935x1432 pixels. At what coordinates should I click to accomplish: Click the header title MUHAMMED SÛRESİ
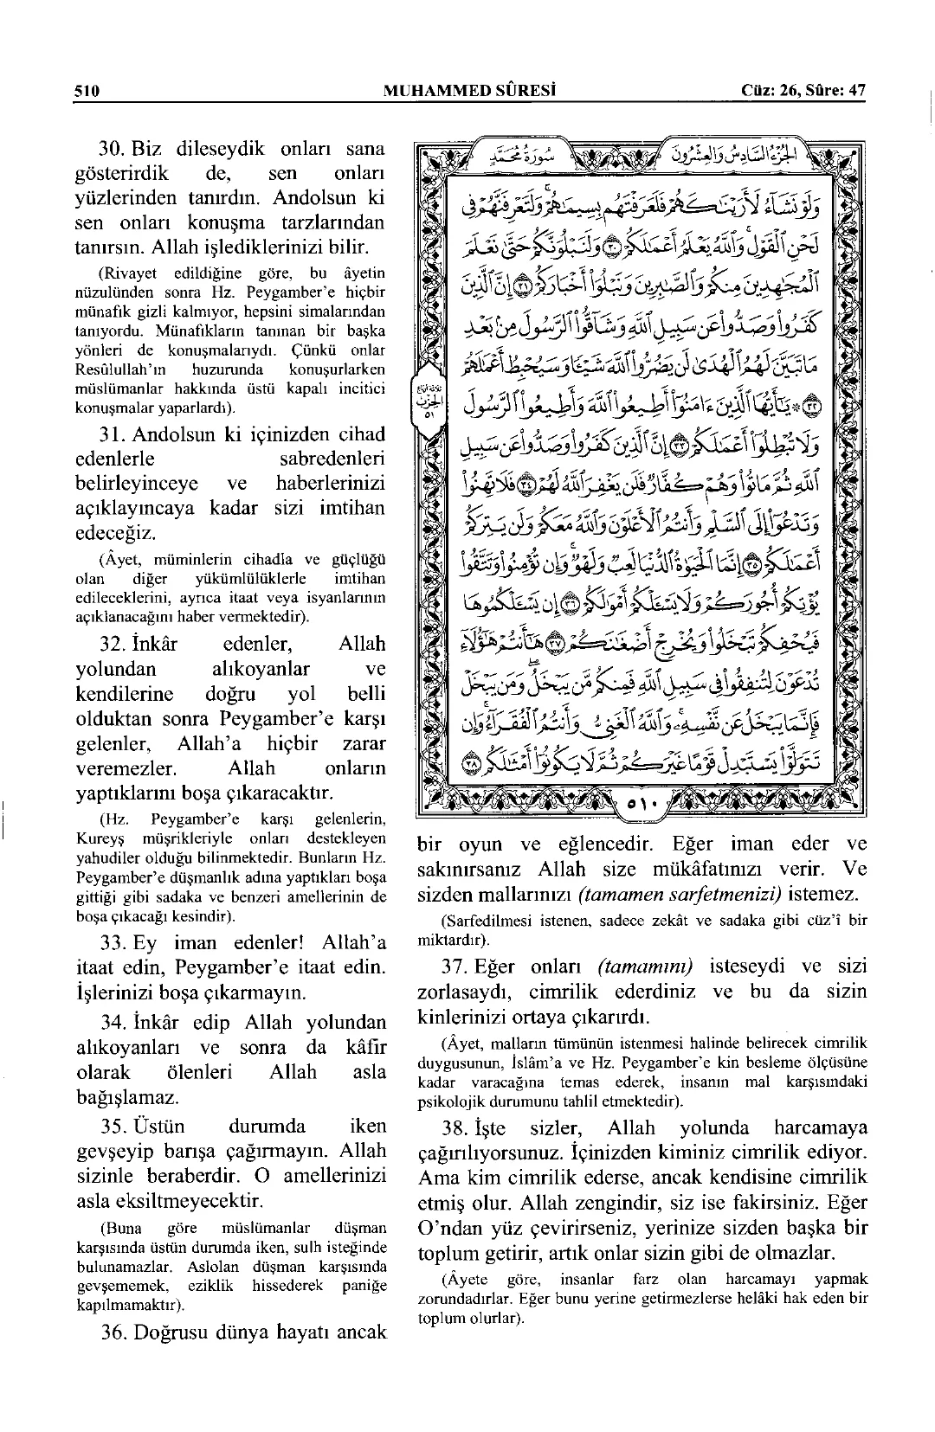[x=468, y=90]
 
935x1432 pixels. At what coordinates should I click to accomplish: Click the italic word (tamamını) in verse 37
[x=648, y=966]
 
